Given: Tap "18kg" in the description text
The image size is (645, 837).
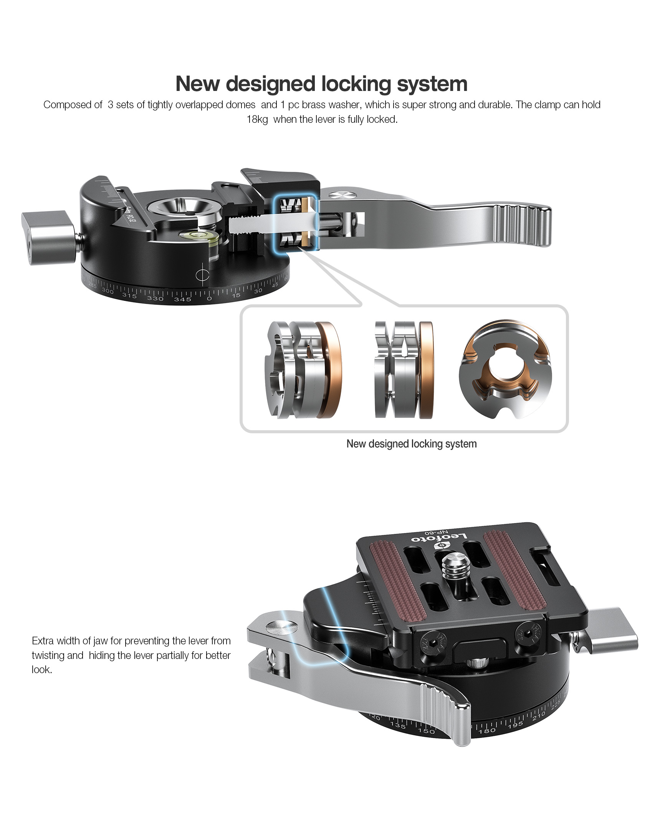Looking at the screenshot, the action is [x=257, y=120].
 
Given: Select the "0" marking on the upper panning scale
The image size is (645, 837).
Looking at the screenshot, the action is [x=209, y=298].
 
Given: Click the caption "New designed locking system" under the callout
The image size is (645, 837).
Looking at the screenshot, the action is [x=412, y=444].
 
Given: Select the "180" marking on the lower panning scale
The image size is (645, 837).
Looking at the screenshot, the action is [x=487, y=730].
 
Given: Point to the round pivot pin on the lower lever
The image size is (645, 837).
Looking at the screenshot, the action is [x=281, y=628].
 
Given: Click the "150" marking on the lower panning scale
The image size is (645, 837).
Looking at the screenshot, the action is [x=426, y=731].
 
